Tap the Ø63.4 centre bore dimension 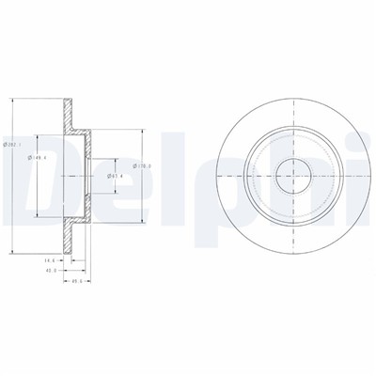coord(112,176)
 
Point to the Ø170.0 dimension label coord(137,167)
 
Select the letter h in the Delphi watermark coord(282,175)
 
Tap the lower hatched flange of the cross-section coord(67,235)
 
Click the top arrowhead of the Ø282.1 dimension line coord(11,98)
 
